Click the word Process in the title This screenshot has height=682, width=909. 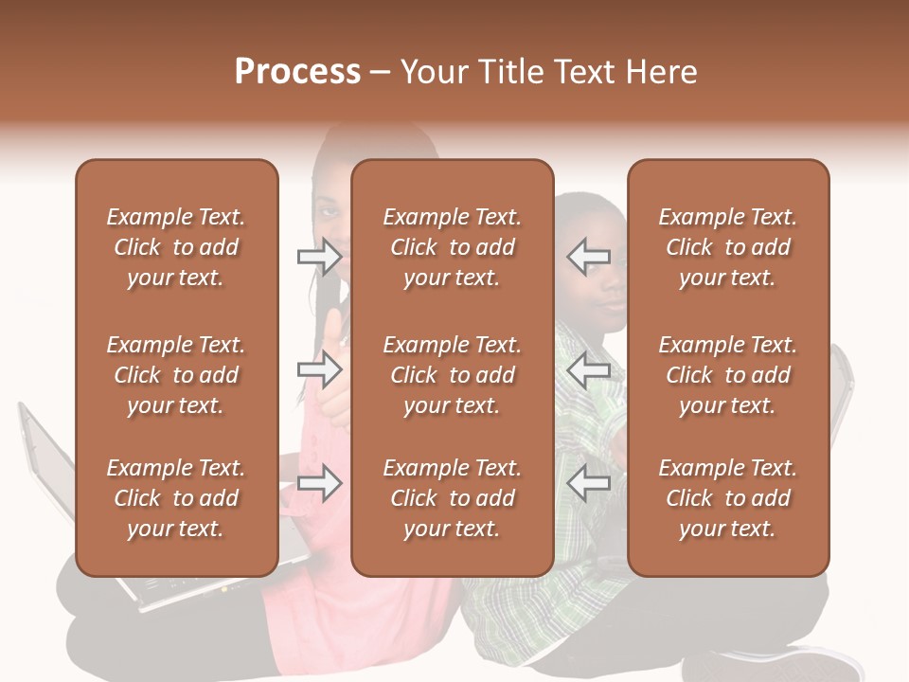[x=297, y=72]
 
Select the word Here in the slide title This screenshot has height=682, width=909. [x=660, y=72]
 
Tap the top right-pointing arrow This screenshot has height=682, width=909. [x=319, y=256]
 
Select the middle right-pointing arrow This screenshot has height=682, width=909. [x=319, y=369]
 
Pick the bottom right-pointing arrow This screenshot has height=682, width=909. [x=319, y=484]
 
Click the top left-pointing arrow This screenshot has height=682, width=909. [x=589, y=256]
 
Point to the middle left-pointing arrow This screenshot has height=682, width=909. [x=589, y=369]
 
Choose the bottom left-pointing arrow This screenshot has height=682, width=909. [x=589, y=484]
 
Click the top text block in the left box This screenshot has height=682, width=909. [x=176, y=247]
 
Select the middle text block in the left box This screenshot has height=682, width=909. [x=176, y=375]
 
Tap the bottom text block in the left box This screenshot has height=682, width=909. [x=176, y=498]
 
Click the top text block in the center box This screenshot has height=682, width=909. [x=453, y=247]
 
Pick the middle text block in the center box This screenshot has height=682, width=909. [x=453, y=375]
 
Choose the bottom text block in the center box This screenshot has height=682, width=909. [x=453, y=498]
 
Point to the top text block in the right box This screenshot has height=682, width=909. [x=728, y=247]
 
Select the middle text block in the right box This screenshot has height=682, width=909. [x=728, y=375]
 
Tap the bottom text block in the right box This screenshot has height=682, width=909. [x=728, y=498]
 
